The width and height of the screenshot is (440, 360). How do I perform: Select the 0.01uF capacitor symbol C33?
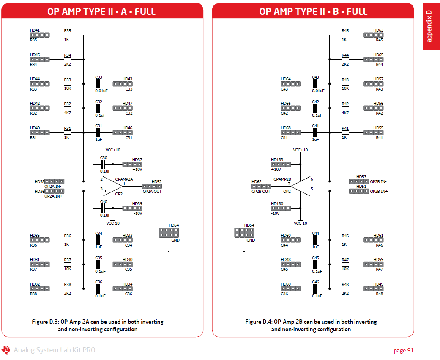click(98, 84)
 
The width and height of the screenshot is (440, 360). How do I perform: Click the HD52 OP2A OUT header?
click(152, 186)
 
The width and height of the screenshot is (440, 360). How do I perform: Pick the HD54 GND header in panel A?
click(169, 232)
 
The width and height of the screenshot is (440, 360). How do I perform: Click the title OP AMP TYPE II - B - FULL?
click(313, 11)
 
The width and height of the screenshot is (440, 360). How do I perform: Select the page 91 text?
click(403, 350)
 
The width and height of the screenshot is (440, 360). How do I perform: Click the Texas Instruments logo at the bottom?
click(6, 350)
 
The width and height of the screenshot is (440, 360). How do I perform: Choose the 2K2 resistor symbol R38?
click(68, 289)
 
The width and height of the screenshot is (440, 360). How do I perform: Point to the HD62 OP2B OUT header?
click(261, 186)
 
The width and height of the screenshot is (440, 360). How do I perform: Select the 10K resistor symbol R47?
click(345, 264)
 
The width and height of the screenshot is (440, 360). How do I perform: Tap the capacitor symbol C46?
click(315, 289)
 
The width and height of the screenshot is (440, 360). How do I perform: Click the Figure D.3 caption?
click(98, 325)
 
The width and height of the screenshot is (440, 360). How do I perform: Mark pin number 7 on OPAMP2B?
click(289, 184)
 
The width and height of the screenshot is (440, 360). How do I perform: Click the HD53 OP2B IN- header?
click(359, 181)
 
